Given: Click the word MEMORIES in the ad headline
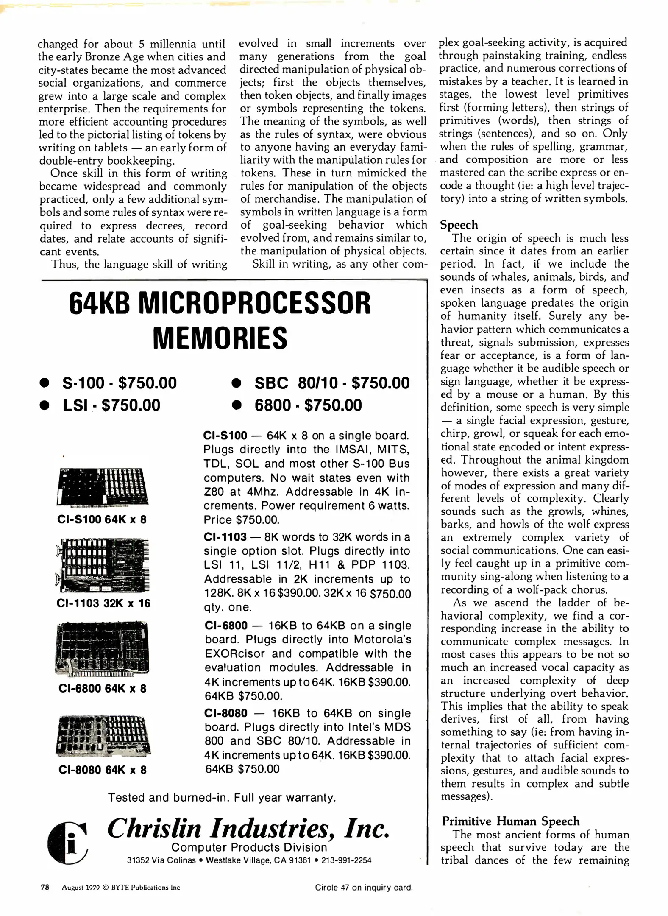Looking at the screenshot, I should point(220,338).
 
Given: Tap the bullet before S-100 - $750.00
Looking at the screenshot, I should point(44,383).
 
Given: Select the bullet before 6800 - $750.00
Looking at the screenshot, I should point(237,405).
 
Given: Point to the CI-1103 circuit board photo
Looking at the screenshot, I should point(103,565).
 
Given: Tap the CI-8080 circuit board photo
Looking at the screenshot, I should point(103,735).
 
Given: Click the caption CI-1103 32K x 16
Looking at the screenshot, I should point(103,603).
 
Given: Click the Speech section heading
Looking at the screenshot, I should point(459,225).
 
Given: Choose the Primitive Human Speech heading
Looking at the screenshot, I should point(510,821).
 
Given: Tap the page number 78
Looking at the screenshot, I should point(45,887).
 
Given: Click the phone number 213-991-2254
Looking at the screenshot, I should point(346,860).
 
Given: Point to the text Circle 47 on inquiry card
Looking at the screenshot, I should point(364,887).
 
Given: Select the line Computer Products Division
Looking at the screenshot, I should point(249,847).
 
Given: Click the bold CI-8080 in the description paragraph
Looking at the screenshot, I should point(225,713).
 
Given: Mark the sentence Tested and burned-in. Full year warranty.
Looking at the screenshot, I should point(222,797).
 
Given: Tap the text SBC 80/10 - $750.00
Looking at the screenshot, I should point(332,383).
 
